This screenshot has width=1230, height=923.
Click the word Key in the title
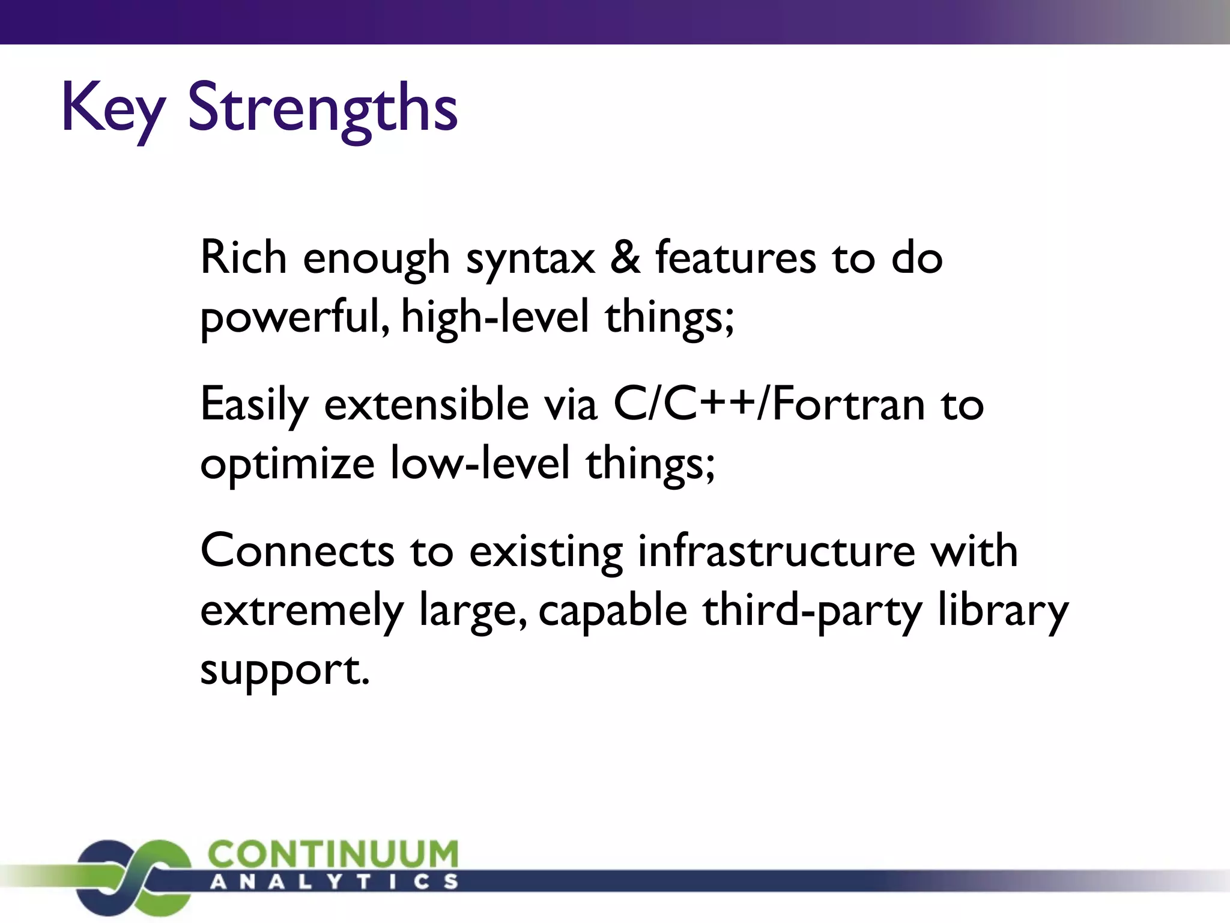pyautogui.click(x=113, y=108)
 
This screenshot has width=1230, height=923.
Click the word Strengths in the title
pyautogui.click(x=323, y=108)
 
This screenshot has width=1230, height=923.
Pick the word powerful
pyautogui.click(x=295, y=317)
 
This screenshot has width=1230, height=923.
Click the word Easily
pyautogui.click(x=255, y=405)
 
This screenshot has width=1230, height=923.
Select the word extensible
pyautogui.click(x=426, y=404)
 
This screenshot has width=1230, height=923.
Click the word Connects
pyautogui.click(x=297, y=550)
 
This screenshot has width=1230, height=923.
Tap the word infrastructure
pyautogui.click(x=777, y=550)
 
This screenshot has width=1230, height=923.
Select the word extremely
pyautogui.click(x=301, y=611)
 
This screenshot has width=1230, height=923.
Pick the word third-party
pyautogui.click(x=812, y=611)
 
